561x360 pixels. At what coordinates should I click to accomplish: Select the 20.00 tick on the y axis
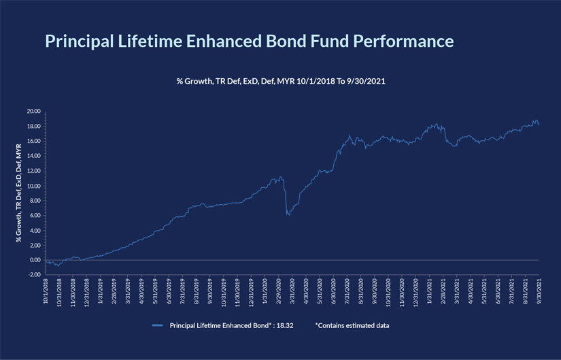(33, 111)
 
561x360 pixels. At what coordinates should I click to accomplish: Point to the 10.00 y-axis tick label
(33, 186)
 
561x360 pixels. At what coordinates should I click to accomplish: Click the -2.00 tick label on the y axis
(33, 274)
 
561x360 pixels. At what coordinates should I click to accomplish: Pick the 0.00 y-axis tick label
(35, 260)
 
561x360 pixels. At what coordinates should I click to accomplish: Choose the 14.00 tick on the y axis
(33, 156)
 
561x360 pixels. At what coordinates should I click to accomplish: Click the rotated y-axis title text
(19, 193)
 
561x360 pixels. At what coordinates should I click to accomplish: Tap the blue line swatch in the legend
(158, 325)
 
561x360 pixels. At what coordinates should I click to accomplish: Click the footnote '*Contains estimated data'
(352, 325)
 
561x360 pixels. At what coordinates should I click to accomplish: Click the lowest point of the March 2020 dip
(288, 215)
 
